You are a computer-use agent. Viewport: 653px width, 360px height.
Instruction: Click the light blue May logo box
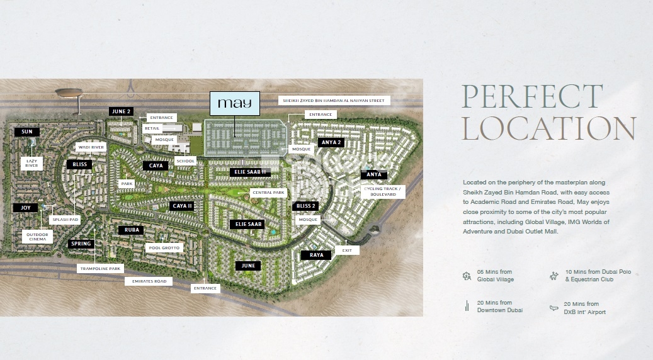(x=234, y=104)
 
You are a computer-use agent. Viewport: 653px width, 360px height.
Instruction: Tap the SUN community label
(x=26, y=132)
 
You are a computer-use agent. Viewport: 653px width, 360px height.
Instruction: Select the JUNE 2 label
(x=120, y=111)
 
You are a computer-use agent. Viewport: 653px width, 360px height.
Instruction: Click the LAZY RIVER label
(x=31, y=164)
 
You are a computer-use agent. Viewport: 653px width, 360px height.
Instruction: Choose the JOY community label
(x=25, y=207)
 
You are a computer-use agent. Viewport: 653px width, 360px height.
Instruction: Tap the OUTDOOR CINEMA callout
(x=34, y=236)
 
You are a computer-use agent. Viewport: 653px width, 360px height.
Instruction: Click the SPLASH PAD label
(x=65, y=220)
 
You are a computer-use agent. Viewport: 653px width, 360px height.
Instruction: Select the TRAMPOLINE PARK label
(x=99, y=268)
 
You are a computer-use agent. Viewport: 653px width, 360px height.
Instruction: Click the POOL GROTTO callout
(x=164, y=247)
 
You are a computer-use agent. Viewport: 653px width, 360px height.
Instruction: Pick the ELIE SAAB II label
(x=251, y=172)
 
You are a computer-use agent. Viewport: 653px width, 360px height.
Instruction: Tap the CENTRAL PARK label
(x=268, y=193)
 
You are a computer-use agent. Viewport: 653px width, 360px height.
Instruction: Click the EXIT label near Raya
(x=347, y=250)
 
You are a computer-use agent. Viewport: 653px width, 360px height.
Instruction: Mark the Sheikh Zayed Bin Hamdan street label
(x=335, y=100)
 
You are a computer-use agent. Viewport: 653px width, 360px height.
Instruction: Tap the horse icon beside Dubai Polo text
(x=554, y=275)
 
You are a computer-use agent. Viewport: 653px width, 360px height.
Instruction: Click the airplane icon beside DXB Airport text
(x=554, y=308)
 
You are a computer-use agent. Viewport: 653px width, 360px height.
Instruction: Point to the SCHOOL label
(x=186, y=161)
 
